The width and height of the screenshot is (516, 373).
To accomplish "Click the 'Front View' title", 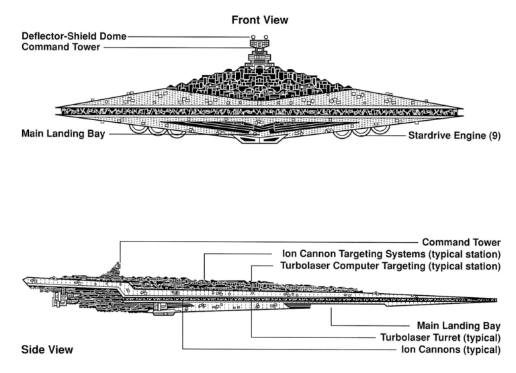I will [x=259, y=20].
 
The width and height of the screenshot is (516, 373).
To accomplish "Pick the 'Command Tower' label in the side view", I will [x=460, y=242].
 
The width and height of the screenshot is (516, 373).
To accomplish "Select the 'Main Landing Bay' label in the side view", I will [x=458, y=324].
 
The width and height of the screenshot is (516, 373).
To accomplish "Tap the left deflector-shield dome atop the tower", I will [x=252, y=37].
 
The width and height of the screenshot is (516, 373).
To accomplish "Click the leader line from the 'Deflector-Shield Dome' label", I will [x=188, y=36].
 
